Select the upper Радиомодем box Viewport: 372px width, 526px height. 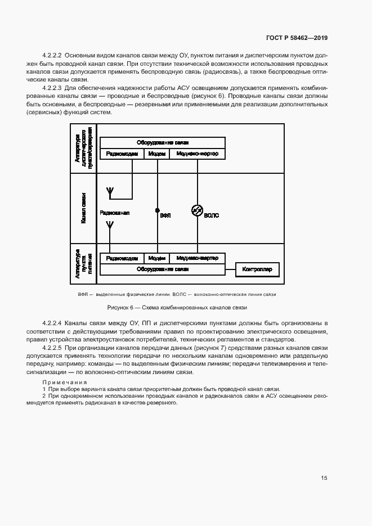click(x=122, y=154)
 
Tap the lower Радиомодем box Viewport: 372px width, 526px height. click(x=122, y=258)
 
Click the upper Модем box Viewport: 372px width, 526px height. click(x=156, y=154)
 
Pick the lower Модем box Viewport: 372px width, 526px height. click(x=156, y=258)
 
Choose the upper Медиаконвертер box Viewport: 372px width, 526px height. click(x=197, y=154)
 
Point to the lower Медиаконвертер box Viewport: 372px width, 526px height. click(x=197, y=258)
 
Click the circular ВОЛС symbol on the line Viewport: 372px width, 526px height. click(x=197, y=210)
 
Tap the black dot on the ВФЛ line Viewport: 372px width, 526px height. click(x=157, y=210)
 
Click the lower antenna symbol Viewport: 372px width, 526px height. click(x=110, y=226)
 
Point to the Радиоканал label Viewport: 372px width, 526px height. click(x=115, y=213)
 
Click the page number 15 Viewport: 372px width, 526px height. click(x=324, y=478)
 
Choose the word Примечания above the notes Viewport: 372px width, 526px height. click(x=63, y=383)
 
